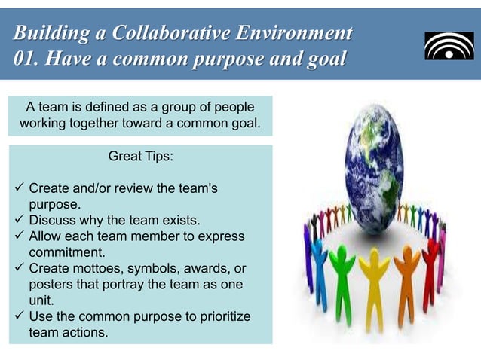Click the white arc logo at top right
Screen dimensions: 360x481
coord(449,46)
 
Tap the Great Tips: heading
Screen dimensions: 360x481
coord(141,156)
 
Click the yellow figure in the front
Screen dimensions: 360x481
coord(372,279)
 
